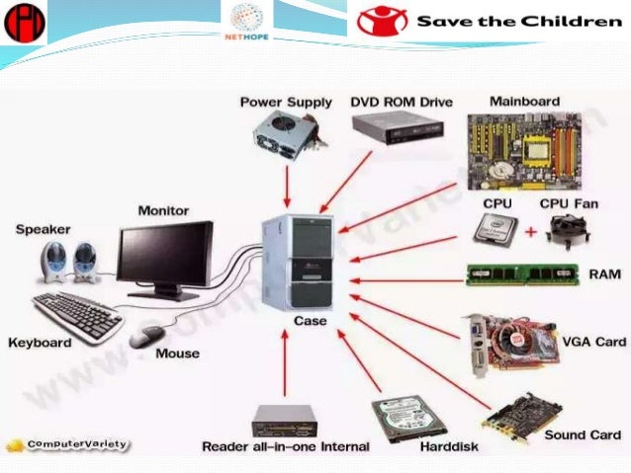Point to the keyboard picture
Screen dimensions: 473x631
click(76, 314)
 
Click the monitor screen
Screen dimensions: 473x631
click(164, 253)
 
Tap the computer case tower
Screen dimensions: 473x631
click(298, 262)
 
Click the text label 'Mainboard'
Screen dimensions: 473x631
click(525, 101)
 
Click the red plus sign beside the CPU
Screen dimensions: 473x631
click(528, 233)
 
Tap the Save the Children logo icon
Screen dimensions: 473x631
click(382, 22)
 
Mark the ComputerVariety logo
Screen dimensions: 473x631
click(66, 443)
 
